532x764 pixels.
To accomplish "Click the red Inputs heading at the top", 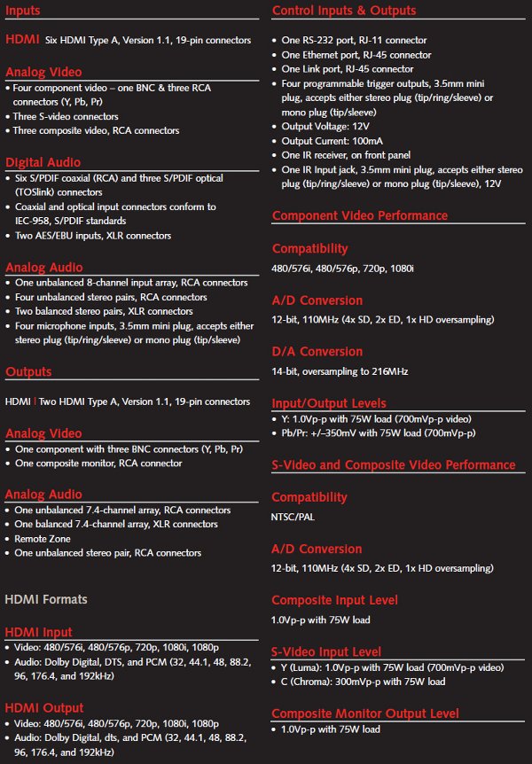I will (28, 12).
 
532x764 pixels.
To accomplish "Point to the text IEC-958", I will (35, 221).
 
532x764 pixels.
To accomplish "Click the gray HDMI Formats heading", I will (46, 599).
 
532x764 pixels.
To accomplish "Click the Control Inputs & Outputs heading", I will (343, 12).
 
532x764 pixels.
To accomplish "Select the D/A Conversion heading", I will (317, 350).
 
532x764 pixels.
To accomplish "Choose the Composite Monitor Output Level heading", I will (365, 713).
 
